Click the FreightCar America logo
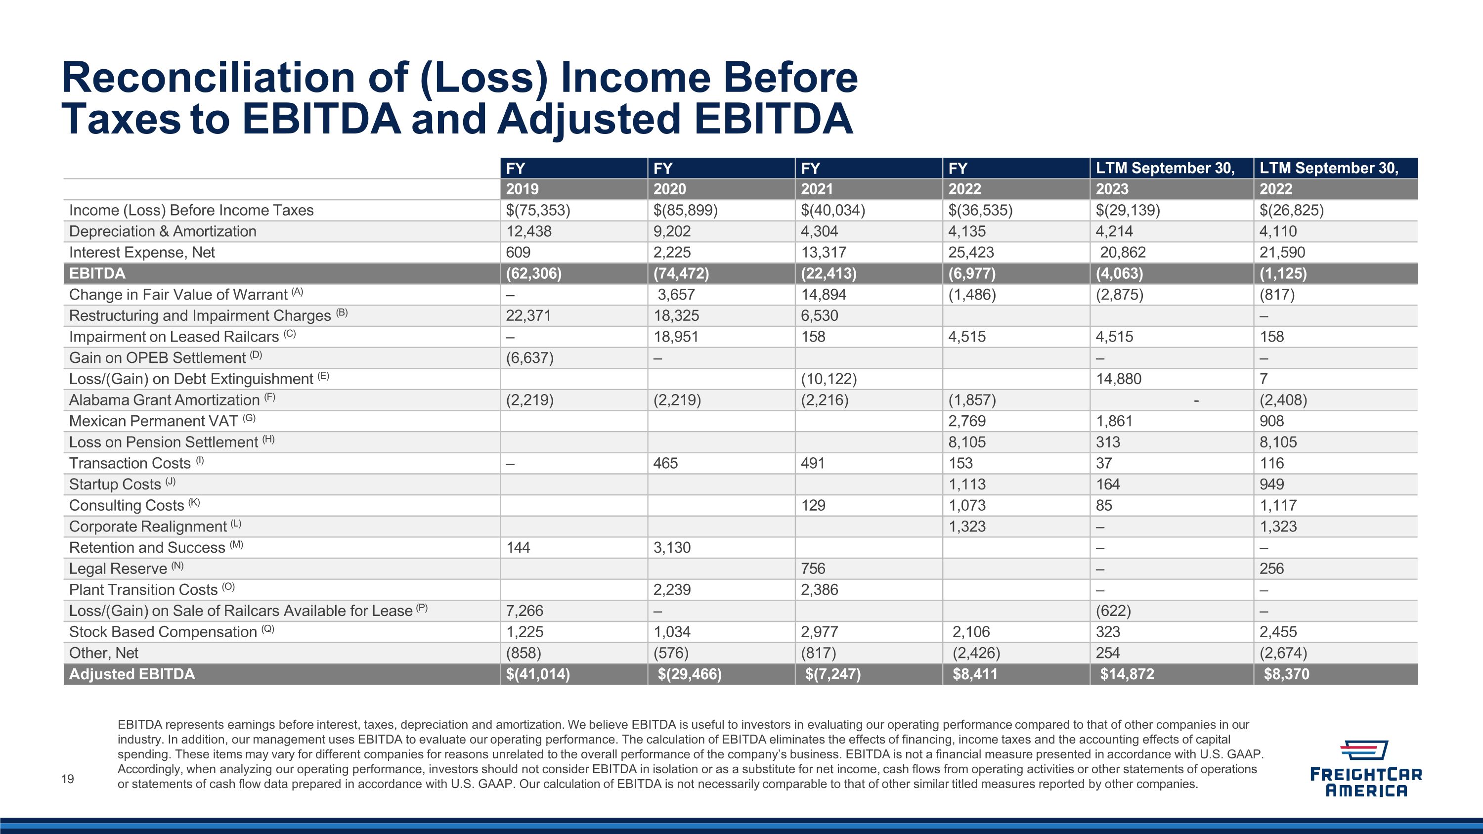1365,768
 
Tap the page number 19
67,779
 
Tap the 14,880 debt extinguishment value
1119,379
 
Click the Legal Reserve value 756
813,569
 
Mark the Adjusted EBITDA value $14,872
1127,674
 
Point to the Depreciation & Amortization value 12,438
528,231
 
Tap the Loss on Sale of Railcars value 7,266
524,611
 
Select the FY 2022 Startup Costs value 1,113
967,484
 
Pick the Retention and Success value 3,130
672,547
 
